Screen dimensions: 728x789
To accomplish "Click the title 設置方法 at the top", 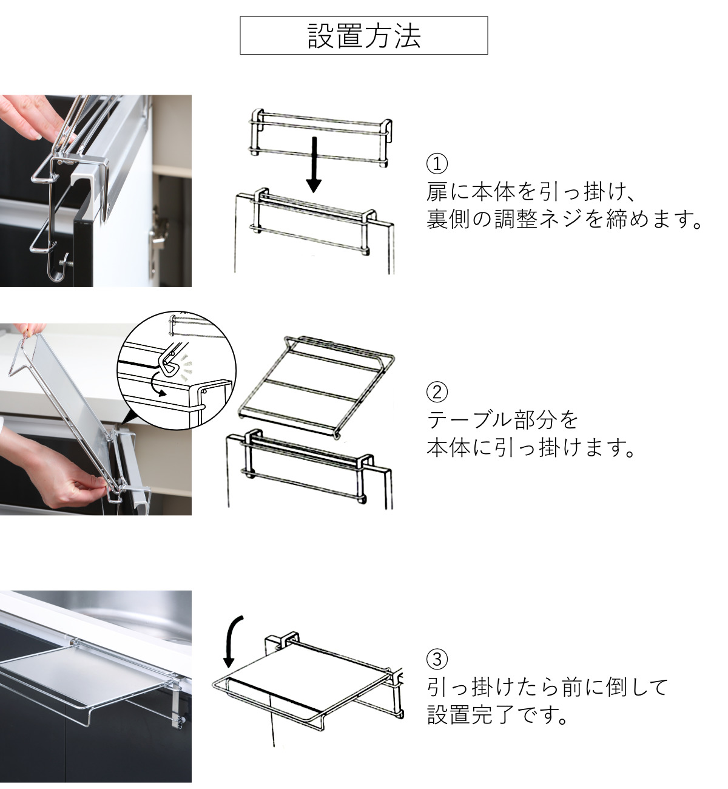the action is point(364,36).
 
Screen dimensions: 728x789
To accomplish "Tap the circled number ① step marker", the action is point(437,164).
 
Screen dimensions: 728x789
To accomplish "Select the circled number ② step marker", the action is point(437,392).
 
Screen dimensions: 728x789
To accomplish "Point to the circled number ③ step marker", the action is point(437,659).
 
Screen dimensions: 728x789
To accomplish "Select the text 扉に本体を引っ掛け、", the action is point(531,192).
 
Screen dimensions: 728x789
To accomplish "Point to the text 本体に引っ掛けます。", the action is point(531,447).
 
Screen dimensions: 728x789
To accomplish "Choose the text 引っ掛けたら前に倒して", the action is point(547,687).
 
